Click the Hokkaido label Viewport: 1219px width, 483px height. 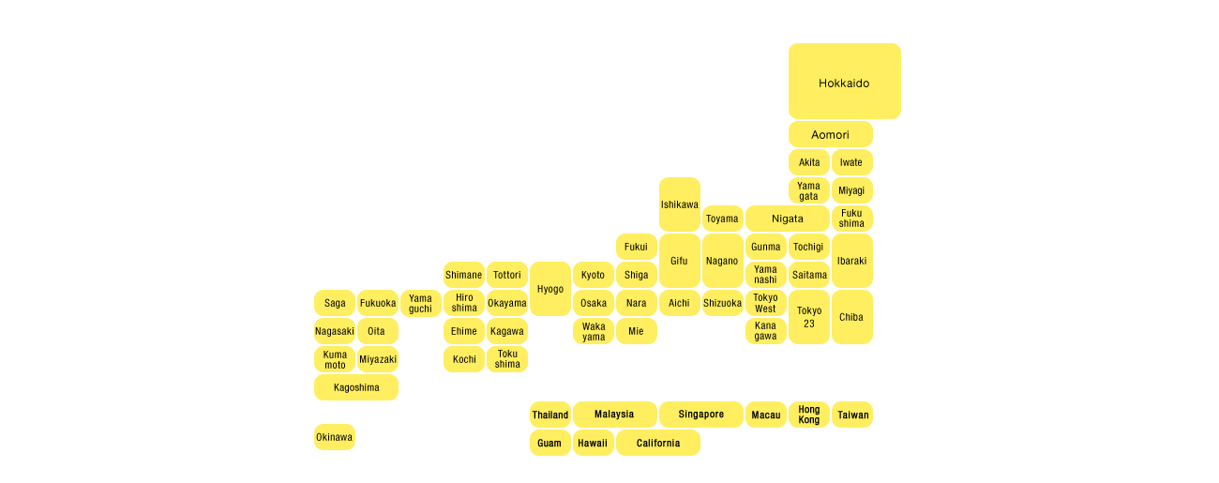(844, 83)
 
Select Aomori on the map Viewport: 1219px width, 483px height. (830, 135)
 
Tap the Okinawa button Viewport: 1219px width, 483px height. (335, 437)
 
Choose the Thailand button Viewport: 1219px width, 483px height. (550, 415)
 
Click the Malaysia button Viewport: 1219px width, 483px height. (614, 415)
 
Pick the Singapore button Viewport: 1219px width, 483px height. (701, 415)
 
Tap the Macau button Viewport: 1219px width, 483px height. (766, 415)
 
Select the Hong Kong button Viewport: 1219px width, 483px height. (809, 415)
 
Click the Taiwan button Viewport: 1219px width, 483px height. (852, 415)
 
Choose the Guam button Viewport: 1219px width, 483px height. (550, 443)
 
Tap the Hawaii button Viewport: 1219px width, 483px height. (593, 443)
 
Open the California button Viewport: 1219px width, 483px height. (658, 443)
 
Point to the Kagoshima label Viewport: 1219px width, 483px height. (356, 387)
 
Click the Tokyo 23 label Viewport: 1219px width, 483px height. (809, 317)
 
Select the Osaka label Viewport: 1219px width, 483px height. (594, 303)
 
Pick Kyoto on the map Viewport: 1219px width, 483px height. (594, 275)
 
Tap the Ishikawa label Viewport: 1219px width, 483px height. (679, 204)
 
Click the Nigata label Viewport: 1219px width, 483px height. (788, 219)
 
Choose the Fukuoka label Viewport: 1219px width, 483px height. (378, 303)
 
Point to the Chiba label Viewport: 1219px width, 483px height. (851, 317)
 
